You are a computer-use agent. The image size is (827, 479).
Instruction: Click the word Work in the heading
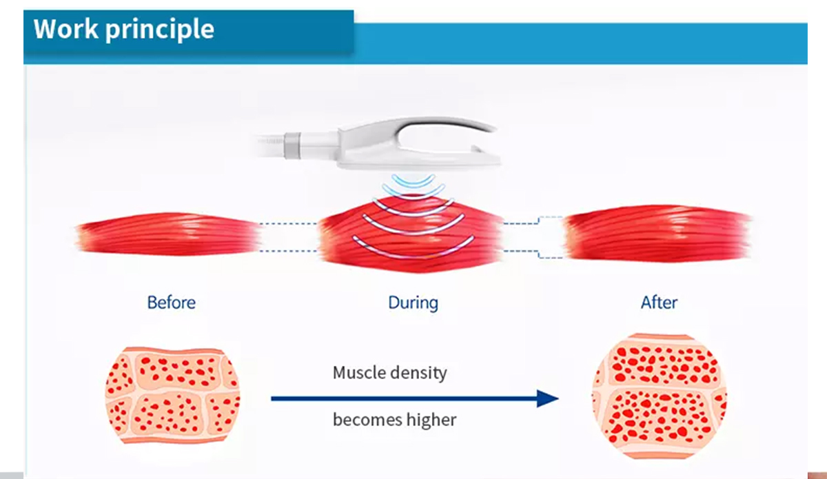coord(65,28)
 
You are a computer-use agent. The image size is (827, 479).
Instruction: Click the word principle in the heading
coord(160,30)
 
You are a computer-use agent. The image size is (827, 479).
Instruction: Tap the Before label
coord(172,303)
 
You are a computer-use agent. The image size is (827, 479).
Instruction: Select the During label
coord(413,303)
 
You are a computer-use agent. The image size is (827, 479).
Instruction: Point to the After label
coord(659,303)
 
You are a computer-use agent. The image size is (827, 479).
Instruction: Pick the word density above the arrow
coord(419,373)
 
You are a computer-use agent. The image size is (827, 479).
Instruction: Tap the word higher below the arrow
coord(431,420)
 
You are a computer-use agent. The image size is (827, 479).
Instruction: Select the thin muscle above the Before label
coord(168,234)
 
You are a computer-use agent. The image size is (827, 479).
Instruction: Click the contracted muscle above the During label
coord(411,234)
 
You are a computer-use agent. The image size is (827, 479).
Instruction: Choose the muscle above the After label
coord(658,233)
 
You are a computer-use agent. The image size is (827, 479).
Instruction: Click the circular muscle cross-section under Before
coord(172,395)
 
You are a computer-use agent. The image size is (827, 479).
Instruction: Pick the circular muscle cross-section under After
coord(660,396)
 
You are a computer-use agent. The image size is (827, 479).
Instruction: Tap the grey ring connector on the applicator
coord(292,146)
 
